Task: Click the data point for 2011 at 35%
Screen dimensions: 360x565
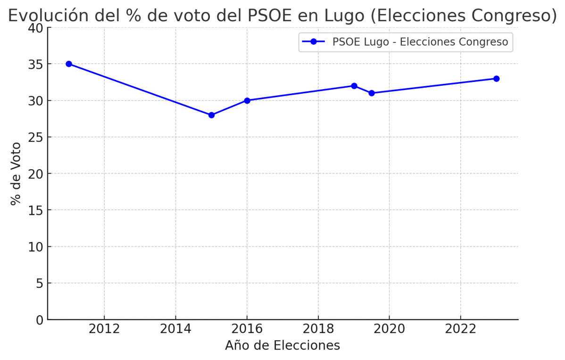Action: tap(69, 64)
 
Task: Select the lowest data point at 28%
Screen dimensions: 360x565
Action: tap(211, 115)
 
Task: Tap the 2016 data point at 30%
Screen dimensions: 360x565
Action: tap(247, 100)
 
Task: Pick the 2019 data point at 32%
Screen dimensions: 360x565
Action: tap(354, 86)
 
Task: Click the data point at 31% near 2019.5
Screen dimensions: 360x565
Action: tap(372, 93)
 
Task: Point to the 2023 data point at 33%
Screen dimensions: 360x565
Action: tap(496, 79)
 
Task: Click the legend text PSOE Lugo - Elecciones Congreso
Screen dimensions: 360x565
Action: tap(420, 42)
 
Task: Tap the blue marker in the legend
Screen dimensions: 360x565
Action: tap(314, 42)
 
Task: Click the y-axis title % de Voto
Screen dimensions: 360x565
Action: tap(16, 173)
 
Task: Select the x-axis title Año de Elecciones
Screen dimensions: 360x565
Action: tap(282, 345)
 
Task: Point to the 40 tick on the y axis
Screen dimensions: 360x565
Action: tap(38, 28)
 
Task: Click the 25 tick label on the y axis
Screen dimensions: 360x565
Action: tap(38, 137)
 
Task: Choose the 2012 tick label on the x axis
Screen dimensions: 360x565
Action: tap(104, 329)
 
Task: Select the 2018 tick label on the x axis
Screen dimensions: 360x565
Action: tap(318, 329)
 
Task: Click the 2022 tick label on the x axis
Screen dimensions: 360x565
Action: tap(460, 329)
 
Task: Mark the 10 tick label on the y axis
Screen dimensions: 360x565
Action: tap(38, 247)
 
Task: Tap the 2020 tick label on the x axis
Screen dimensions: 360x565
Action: tap(389, 329)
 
